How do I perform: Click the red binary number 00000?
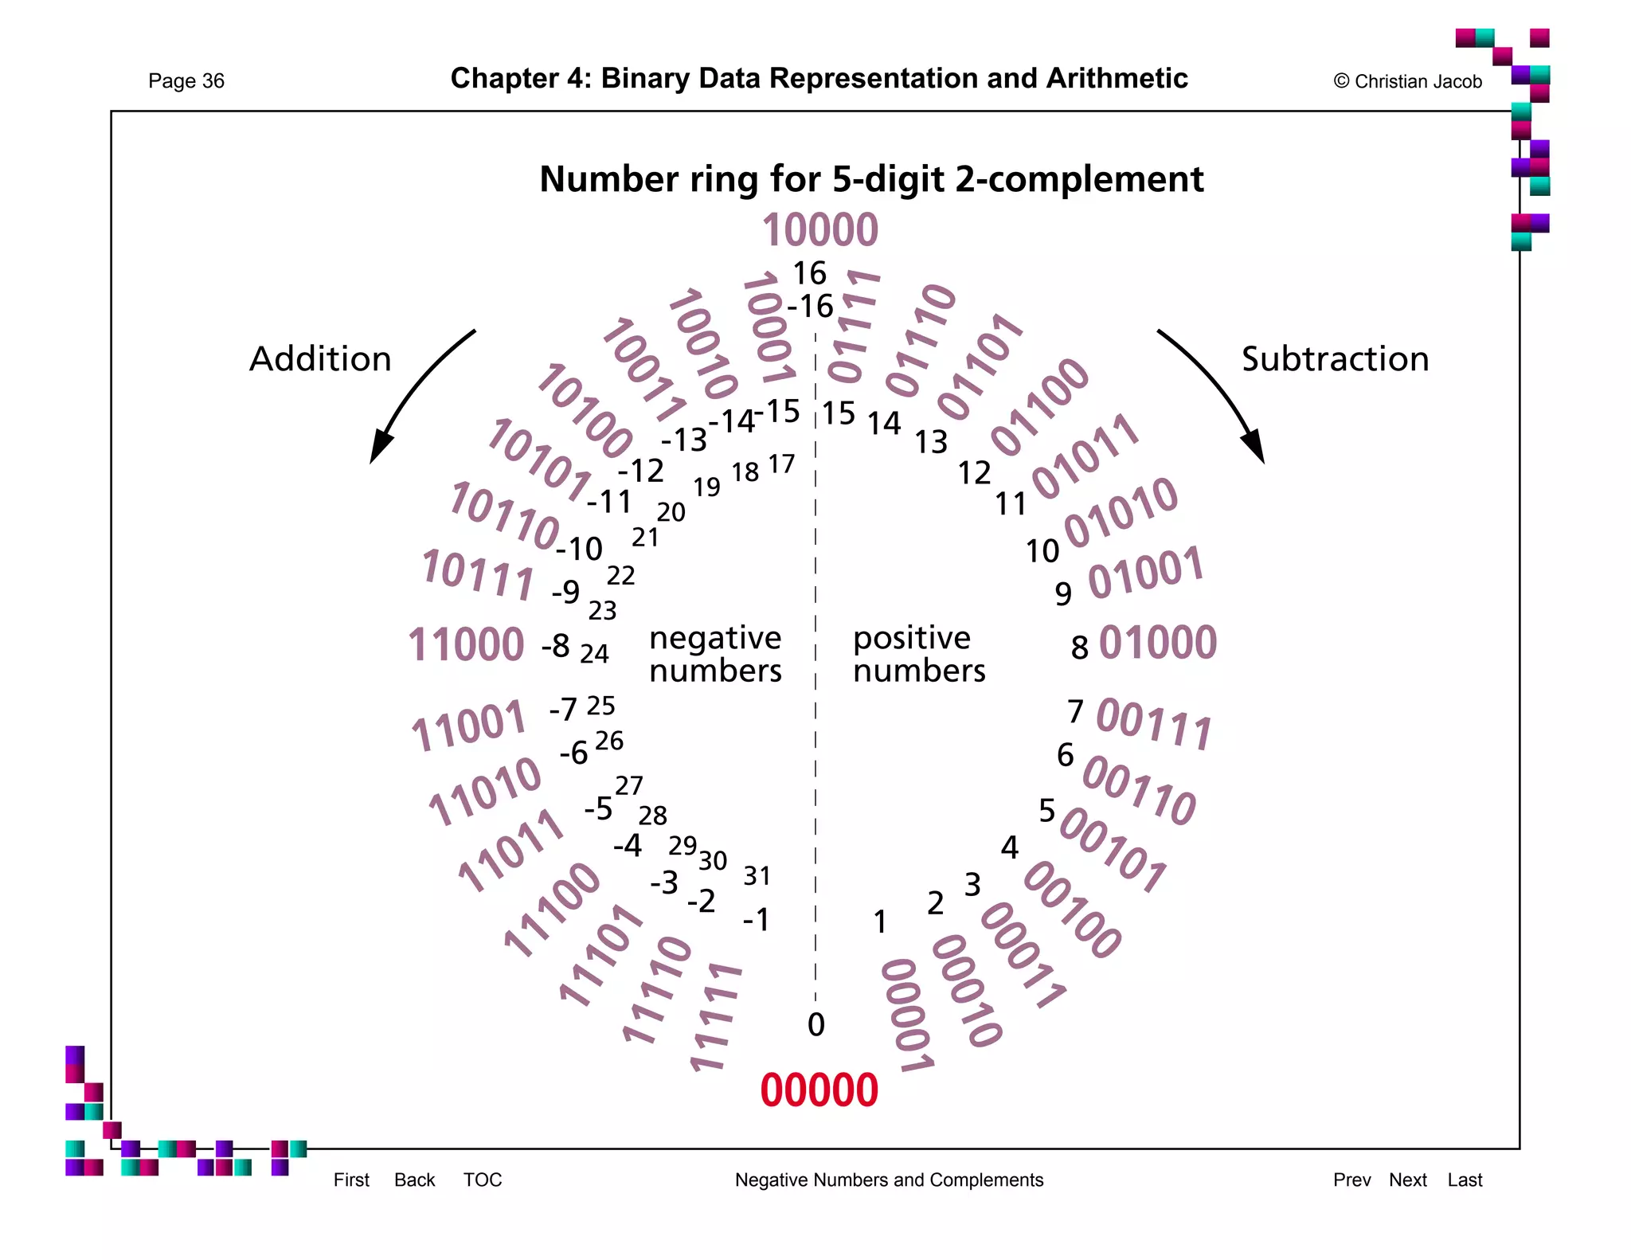819,1090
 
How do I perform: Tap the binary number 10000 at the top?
820,230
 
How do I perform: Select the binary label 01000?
1158,643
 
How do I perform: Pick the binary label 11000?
466,645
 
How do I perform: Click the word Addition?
320,359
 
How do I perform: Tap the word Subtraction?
1335,359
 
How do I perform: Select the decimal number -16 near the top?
810,307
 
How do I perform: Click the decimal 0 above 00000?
815,1025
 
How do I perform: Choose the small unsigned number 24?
594,654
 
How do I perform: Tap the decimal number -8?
556,646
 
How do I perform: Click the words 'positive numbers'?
918,655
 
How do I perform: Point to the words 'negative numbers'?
715,655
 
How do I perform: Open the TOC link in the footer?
483,1180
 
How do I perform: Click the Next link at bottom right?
1407,1180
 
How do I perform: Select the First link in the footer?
351,1180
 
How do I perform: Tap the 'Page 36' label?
186,81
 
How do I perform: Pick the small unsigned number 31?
757,876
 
